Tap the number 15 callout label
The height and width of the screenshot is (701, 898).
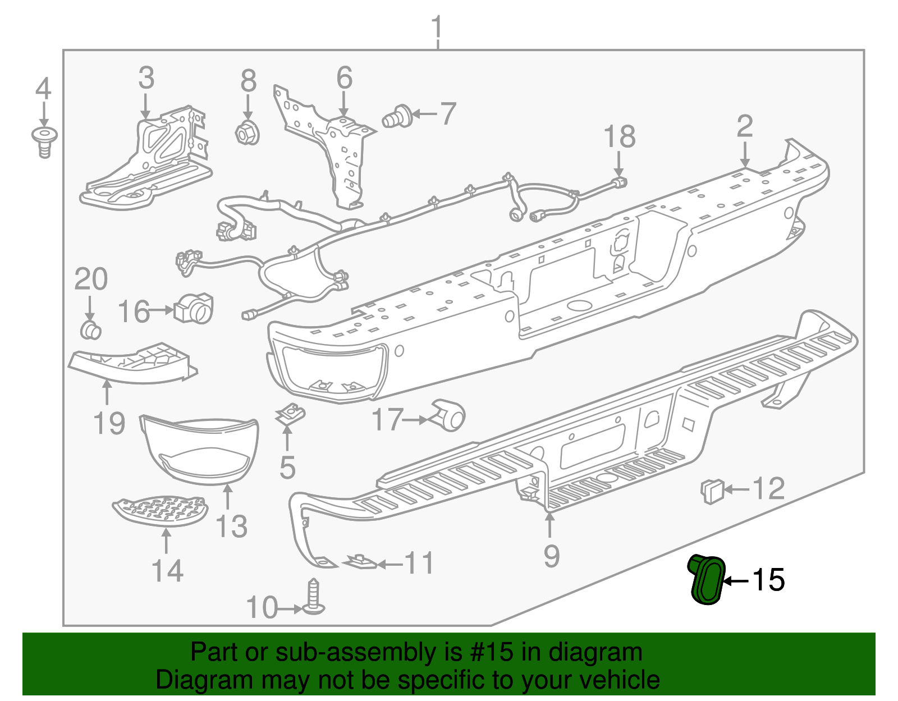point(768,580)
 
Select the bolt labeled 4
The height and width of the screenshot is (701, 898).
point(44,140)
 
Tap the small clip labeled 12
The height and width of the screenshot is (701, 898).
point(712,490)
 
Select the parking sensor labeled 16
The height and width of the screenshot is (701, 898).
point(194,309)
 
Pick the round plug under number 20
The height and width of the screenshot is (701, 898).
point(91,330)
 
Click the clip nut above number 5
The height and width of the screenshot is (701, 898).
point(290,415)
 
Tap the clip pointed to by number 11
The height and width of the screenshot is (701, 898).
point(360,561)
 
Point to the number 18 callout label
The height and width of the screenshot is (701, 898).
point(619,136)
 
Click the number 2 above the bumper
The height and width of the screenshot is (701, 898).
point(744,126)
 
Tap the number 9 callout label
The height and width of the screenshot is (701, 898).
point(551,556)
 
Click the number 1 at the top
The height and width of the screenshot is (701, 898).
point(437,27)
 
